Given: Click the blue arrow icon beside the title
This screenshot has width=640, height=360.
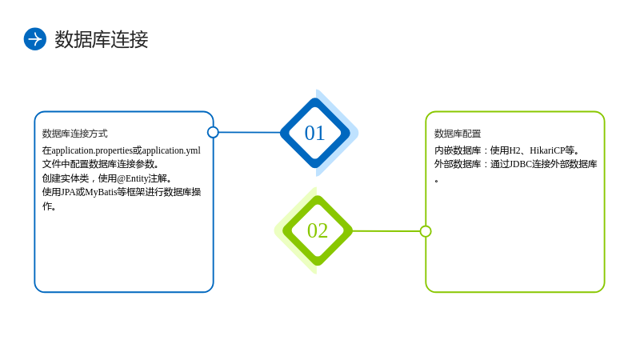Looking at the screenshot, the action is click(x=35, y=39).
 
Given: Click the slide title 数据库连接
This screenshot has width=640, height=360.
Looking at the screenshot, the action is click(x=102, y=39).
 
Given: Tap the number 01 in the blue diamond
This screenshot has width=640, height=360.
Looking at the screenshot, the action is click(x=314, y=133).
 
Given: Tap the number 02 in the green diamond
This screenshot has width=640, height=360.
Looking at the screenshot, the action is click(x=318, y=230).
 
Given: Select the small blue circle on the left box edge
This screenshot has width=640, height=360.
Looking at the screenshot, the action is click(x=213, y=132).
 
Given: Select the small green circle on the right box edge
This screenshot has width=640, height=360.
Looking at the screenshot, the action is click(x=426, y=231).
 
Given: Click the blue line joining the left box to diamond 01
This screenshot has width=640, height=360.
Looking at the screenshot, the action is click(x=250, y=132).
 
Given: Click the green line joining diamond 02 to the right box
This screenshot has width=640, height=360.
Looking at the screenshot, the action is click(x=386, y=231).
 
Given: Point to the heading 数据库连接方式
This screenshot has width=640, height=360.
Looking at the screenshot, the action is click(x=74, y=134).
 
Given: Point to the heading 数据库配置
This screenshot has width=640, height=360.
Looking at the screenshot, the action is click(x=458, y=134).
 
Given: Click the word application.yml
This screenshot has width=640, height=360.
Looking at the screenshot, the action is click(x=171, y=150).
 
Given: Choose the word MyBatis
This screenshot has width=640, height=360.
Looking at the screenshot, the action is click(x=101, y=192).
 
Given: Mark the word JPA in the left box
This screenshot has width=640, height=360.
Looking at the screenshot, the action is click(x=68, y=192).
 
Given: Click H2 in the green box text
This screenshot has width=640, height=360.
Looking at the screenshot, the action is click(x=515, y=150).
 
